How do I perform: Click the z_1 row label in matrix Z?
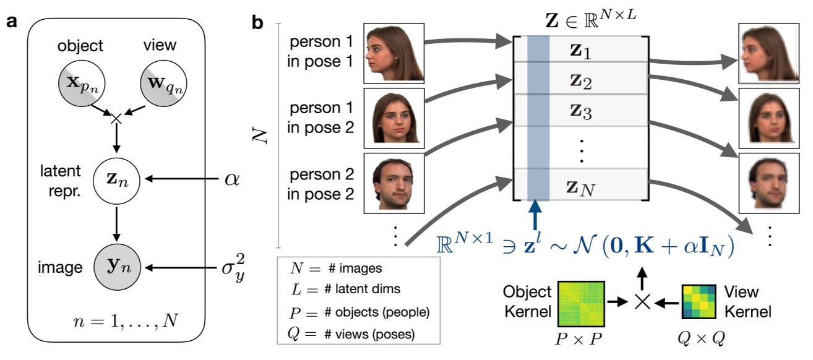tap(580, 49)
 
